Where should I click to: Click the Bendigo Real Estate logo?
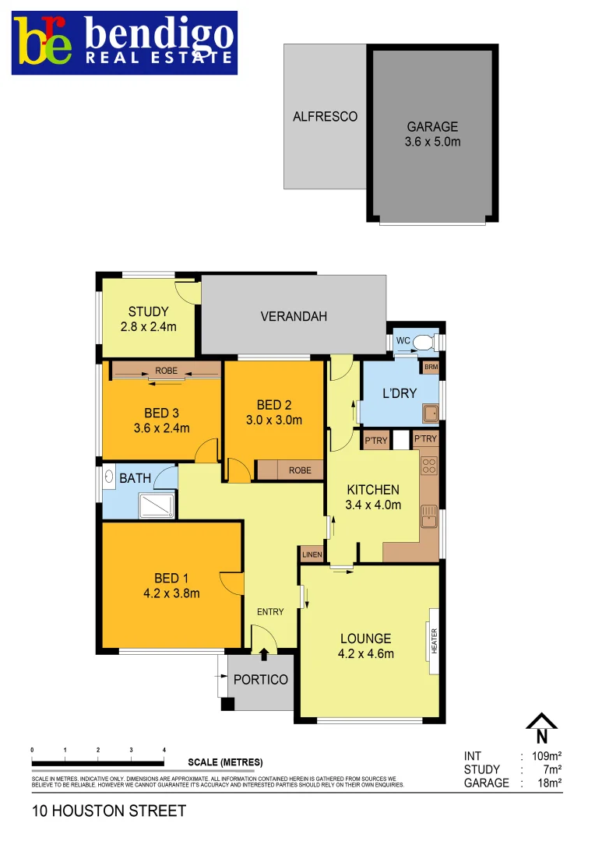click(x=125, y=43)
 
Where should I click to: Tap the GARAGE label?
click(x=432, y=127)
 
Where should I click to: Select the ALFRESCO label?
click(x=325, y=117)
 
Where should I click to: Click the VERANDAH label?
click(x=294, y=316)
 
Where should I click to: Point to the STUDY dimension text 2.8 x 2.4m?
click(x=148, y=327)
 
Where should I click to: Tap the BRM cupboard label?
click(x=431, y=366)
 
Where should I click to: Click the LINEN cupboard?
click(x=312, y=554)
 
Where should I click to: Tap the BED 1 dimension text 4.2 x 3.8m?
click(x=171, y=593)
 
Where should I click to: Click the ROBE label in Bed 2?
click(x=300, y=470)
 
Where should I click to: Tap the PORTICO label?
click(x=261, y=680)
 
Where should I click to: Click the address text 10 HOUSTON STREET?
click(x=109, y=811)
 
